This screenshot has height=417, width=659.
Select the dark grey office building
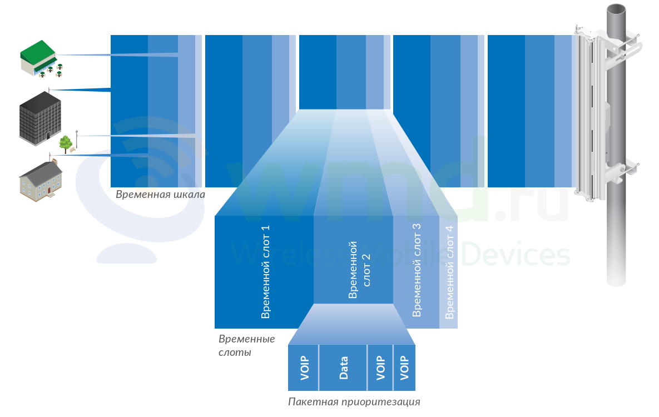pos(41,118)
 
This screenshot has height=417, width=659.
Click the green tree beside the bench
pos(65,144)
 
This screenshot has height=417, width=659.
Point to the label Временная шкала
pos(161,194)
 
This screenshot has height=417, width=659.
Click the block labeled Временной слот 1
pos(264,271)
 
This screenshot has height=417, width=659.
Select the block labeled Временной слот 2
pos(354,259)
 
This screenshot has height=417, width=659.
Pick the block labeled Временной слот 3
pos(417,271)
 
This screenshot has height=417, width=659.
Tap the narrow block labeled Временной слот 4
pos(448,271)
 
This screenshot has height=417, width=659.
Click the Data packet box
pos(343,368)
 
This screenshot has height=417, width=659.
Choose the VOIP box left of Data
pos(304,368)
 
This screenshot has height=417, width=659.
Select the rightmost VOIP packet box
pos(404,368)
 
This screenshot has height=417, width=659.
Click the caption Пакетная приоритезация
pos(354,401)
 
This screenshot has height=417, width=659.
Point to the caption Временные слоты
pos(247,345)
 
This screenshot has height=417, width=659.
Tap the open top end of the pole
pos(616,9)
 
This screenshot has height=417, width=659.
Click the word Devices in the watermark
pos(516,255)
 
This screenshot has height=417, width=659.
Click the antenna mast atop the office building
pos(49,90)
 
